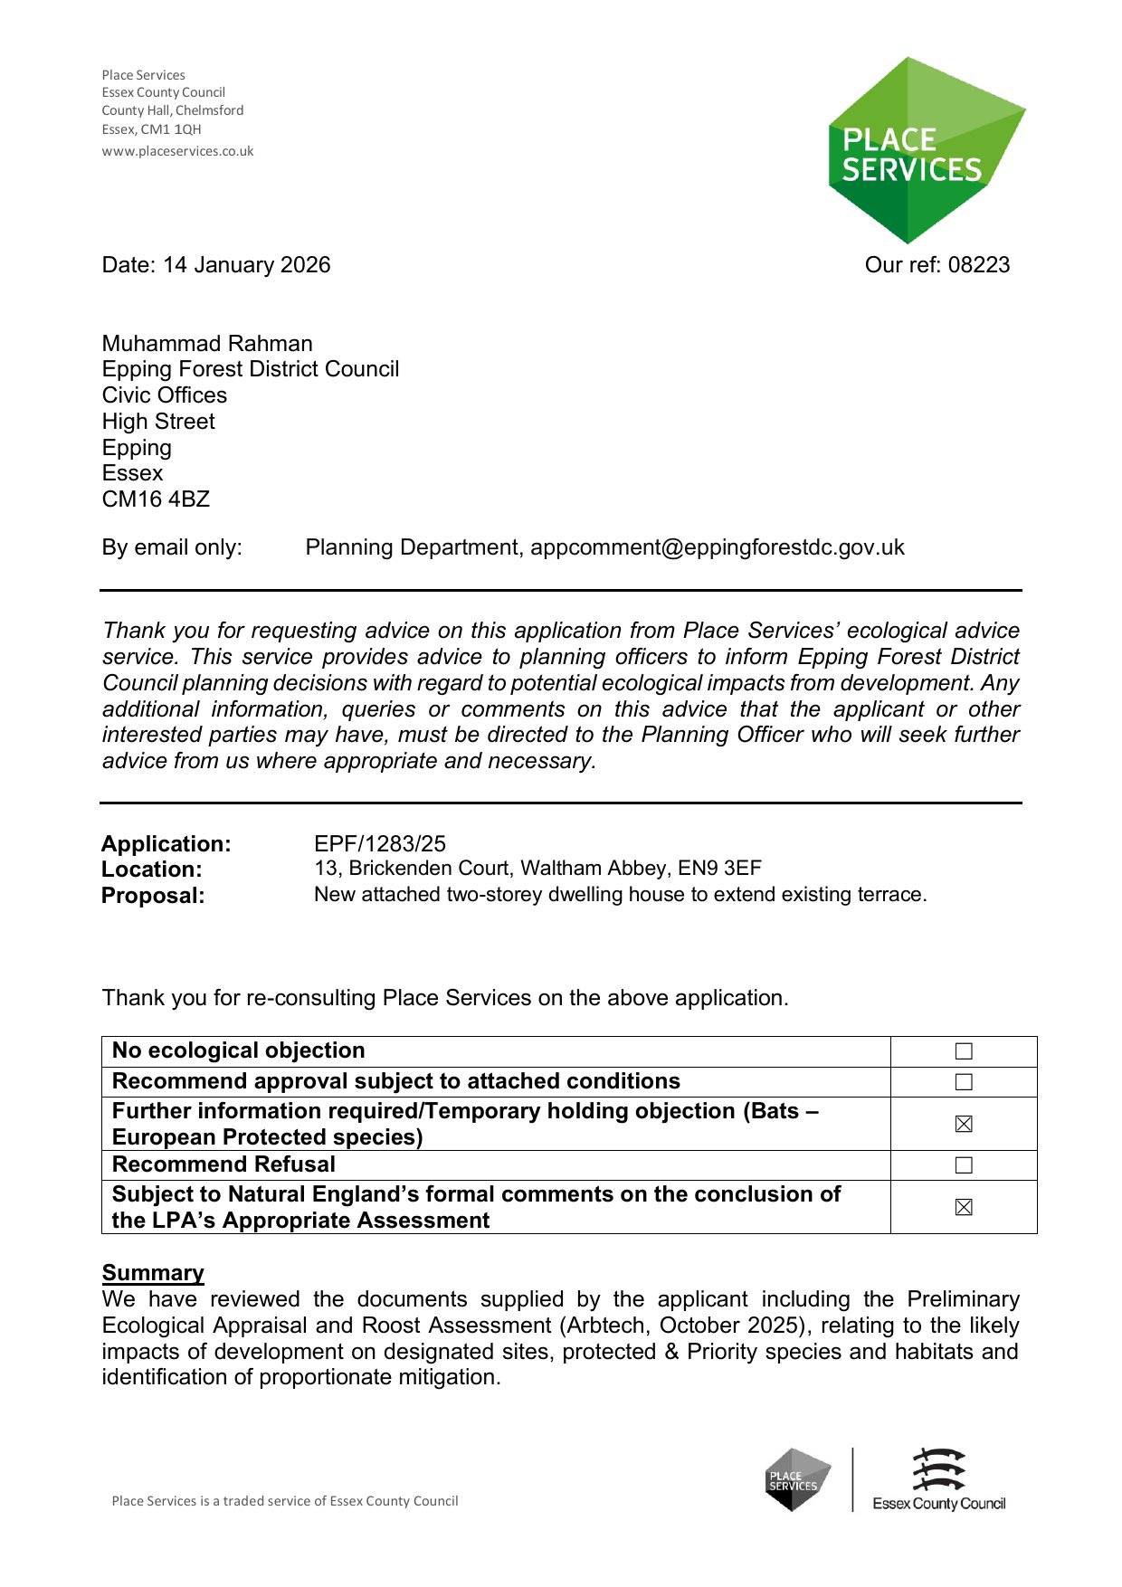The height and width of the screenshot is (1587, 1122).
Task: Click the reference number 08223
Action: click(x=979, y=265)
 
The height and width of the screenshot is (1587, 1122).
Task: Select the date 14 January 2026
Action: click(x=246, y=265)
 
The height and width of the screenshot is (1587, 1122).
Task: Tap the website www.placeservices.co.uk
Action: click(x=177, y=151)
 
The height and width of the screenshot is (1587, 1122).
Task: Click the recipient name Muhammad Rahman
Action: click(x=207, y=344)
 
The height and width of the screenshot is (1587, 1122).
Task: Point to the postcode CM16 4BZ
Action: click(x=156, y=499)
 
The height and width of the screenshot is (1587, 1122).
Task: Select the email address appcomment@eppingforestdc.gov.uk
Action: click(x=717, y=547)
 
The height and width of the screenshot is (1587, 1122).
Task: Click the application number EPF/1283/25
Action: click(x=380, y=844)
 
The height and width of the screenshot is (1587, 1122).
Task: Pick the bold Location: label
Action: click(x=152, y=870)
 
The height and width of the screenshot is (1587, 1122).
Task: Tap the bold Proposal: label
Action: click(x=153, y=896)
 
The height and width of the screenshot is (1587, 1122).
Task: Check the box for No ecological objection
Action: click(x=964, y=1051)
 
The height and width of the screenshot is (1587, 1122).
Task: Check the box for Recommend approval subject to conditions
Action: click(x=964, y=1082)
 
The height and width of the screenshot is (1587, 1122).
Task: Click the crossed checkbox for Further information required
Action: click(x=964, y=1124)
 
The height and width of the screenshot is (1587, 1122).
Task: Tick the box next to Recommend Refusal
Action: click(x=964, y=1165)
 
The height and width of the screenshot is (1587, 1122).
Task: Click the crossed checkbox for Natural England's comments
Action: click(x=964, y=1207)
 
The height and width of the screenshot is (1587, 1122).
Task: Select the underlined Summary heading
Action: click(x=153, y=1273)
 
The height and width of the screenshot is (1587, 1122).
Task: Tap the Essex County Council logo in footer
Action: click(x=938, y=1480)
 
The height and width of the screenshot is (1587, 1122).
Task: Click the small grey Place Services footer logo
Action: click(x=797, y=1480)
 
